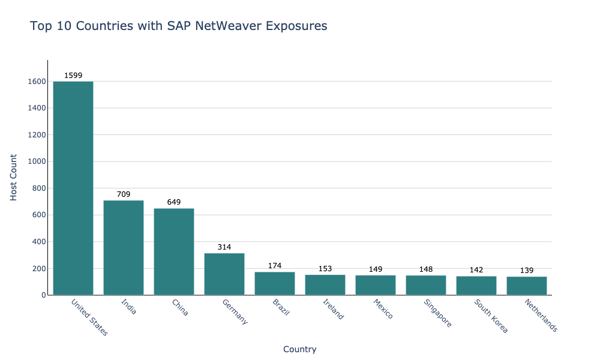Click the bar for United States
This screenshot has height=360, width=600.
[x=73, y=188]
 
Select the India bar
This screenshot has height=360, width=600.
[x=124, y=247]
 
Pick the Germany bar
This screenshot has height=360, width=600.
[x=224, y=274]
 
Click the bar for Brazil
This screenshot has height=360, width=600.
[x=275, y=283]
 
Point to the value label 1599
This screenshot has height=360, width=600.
[x=73, y=76]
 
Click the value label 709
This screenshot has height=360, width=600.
[x=124, y=194]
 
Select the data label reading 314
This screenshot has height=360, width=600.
[x=224, y=247]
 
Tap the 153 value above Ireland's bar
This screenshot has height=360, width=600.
[x=325, y=269]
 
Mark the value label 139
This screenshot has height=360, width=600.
[x=527, y=271]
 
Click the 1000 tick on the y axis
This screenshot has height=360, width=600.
[x=36, y=161]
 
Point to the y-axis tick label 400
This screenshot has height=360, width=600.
[x=38, y=242]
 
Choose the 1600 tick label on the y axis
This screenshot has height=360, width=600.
[x=36, y=82]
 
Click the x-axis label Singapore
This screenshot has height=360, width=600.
[x=437, y=313]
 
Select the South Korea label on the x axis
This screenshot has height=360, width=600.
[x=490, y=316]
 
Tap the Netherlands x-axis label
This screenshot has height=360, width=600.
[x=541, y=316]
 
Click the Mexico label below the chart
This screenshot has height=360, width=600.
[x=383, y=308]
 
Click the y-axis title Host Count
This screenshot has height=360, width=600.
[x=14, y=177]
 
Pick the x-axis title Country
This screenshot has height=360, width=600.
[x=299, y=349]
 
